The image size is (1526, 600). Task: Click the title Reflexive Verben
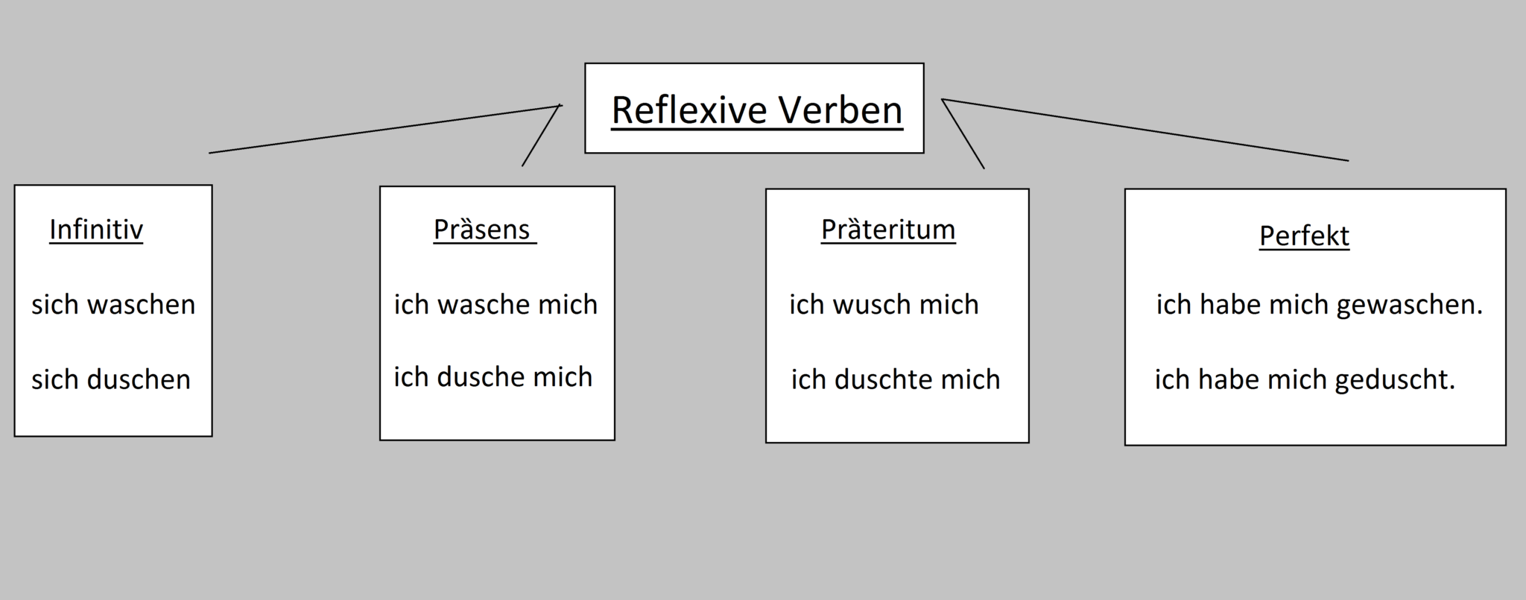[x=756, y=110]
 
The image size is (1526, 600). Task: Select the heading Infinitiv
[x=96, y=230]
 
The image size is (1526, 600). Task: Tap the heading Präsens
[x=482, y=230]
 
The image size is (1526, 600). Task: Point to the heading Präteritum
[x=888, y=230]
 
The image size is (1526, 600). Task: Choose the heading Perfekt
[x=1304, y=236]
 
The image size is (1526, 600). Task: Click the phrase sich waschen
[x=113, y=305]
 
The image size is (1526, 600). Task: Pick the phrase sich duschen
[x=111, y=380]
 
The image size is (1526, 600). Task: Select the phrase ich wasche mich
[x=496, y=305]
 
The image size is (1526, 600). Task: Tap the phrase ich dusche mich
[x=493, y=378]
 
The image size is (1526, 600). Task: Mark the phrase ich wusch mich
[x=884, y=305]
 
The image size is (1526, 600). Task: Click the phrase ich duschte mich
[x=896, y=380]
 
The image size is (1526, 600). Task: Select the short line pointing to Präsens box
[x=541, y=136]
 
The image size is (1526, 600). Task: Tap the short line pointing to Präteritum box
[x=963, y=134]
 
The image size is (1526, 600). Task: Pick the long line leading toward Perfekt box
[x=1145, y=130]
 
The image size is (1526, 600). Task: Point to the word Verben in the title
[x=840, y=110]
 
